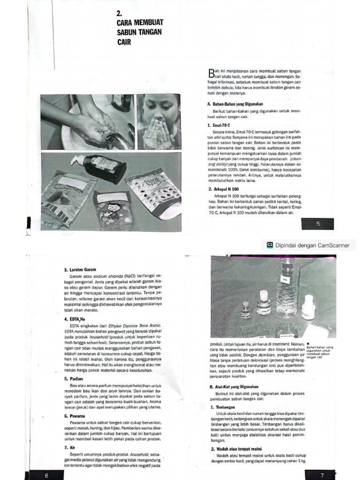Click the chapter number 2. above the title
(x=120, y=14)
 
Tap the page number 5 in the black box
(x=317, y=224)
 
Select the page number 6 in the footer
(x=46, y=475)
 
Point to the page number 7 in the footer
(x=322, y=475)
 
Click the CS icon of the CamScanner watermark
(x=270, y=245)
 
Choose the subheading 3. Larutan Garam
(x=80, y=270)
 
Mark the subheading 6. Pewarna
(x=75, y=416)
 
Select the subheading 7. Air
(x=69, y=447)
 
